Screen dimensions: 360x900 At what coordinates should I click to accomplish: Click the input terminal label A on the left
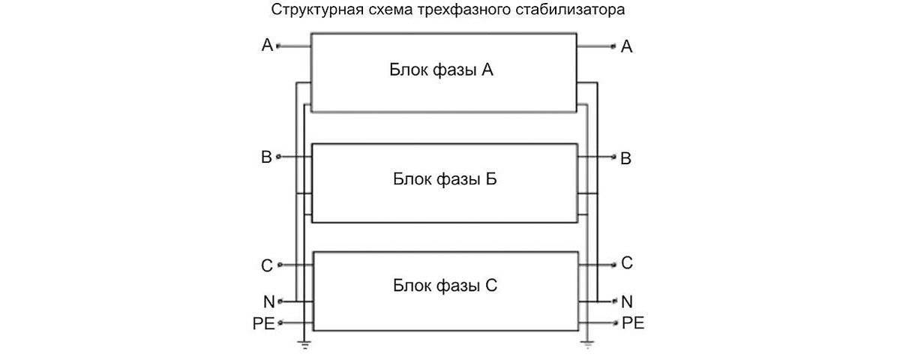tap(267, 46)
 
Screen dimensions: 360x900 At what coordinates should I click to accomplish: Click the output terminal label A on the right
tap(627, 46)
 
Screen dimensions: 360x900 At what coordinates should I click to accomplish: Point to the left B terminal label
tap(266, 157)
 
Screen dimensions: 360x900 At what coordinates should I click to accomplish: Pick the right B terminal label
tap(626, 159)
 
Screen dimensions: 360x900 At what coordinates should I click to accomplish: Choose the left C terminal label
tap(267, 265)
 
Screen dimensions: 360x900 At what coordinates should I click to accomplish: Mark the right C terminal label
tap(627, 263)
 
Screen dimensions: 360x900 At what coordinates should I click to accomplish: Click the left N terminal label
tap(268, 302)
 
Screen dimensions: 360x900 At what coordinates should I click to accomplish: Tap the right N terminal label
tap(628, 301)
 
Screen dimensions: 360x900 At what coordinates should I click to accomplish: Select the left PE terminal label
tap(263, 324)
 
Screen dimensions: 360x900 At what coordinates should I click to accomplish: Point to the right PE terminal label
tap(633, 323)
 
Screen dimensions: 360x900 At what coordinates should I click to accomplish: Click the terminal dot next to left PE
tap(280, 324)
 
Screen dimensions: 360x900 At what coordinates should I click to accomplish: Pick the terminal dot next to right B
tap(614, 158)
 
